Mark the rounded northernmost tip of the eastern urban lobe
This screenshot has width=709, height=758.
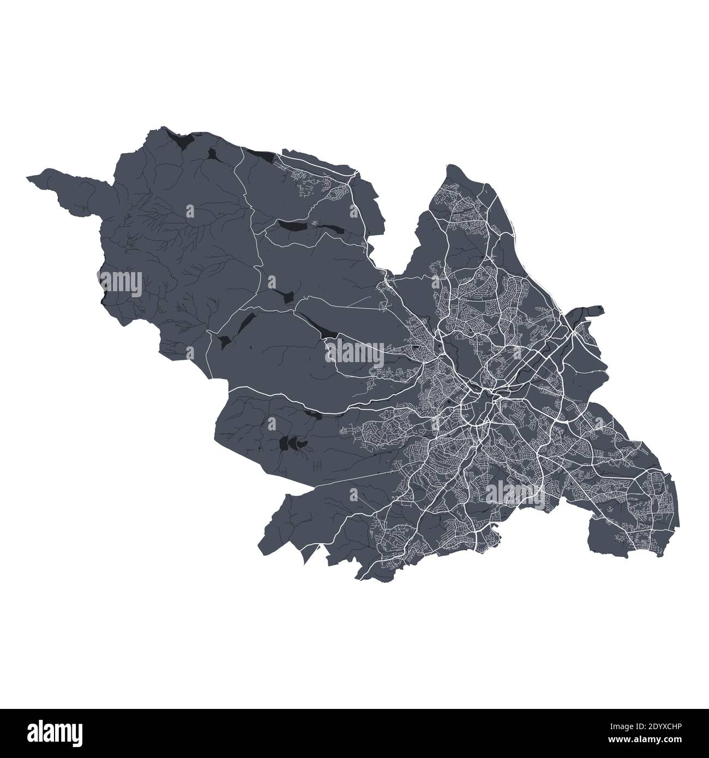coord(452,166)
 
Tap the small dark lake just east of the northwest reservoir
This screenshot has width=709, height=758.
coord(213,154)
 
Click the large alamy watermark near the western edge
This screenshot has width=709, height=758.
coord(121,283)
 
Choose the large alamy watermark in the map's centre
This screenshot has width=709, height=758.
coord(354,354)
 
